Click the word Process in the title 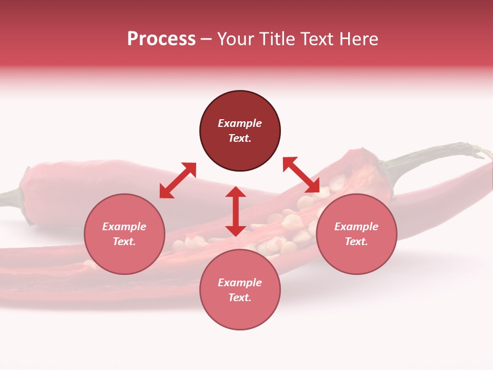coord(161,39)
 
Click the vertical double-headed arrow coord(236,211)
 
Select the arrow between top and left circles coord(178,180)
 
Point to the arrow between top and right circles coord(301,175)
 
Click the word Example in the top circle coord(240,123)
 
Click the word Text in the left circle coord(124,242)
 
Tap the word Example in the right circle coord(356,227)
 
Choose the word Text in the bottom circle coord(240,298)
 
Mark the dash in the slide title coord(206,40)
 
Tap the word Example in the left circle coord(124,227)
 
